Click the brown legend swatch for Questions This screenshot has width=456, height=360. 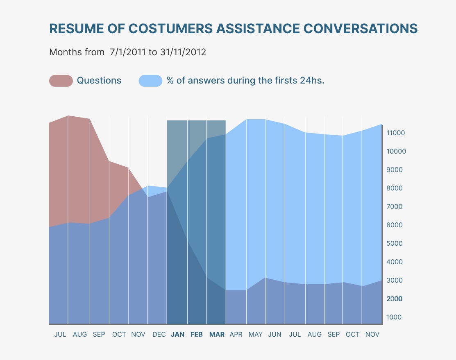tap(61, 81)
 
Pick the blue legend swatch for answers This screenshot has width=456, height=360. tap(151, 81)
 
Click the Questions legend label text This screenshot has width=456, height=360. tap(99, 81)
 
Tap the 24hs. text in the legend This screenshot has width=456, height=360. tap(312, 81)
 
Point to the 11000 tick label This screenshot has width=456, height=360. tap(395, 133)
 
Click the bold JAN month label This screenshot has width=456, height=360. tap(177, 335)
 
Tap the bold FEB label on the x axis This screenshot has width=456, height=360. tap(197, 335)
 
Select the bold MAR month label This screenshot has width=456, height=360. tap(217, 335)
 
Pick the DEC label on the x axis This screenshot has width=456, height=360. tap(159, 335)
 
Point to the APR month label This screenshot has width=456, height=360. tap(236, 335)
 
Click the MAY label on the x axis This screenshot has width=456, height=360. tap(256, 335)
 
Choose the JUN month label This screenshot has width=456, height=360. tap(275, 335)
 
